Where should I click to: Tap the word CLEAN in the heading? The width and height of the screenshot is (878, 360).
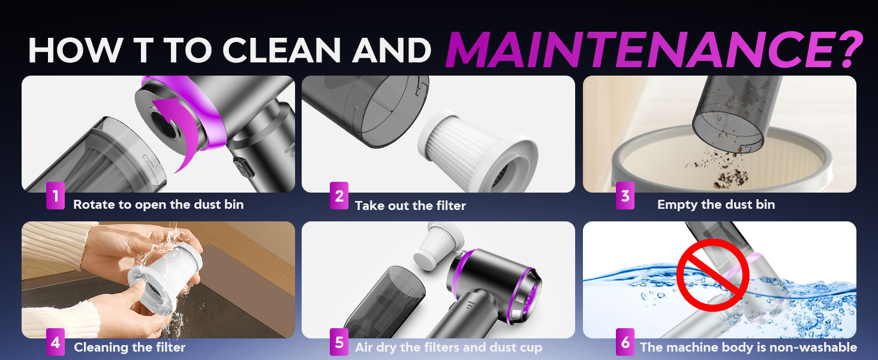pyautogui.click(x=281, y=50)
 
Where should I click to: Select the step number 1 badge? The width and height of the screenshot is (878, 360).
pyautogui.click(x=55, y=195)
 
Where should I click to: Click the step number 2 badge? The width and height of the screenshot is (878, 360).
pyautogui.click(x=339, y=195)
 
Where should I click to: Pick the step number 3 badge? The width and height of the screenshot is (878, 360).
pyautogui.click(x=625, y=195)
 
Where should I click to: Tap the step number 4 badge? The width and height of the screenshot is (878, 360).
pyautogui.click(x=55, y=343)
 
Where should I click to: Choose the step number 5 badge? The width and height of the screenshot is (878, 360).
pyautogui.click(x=339, y=343)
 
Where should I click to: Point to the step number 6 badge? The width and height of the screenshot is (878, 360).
pyautogui.click(x=625, y=343)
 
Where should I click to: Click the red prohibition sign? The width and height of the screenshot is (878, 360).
pyautogui.click(x=713, y=275)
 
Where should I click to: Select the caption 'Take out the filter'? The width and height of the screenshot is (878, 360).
pyautogui.click(x=410, y=205)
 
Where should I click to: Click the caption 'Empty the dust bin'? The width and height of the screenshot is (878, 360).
pyautogui.click(x=716, y=205)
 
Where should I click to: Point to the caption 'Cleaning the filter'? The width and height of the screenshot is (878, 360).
pyautogui.click(x=130, y=347)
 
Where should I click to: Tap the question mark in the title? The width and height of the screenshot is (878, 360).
pyautogui.click(x=850, y=49)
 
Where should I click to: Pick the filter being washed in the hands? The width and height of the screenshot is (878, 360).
pyautogui.click(x=164, y=277)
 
